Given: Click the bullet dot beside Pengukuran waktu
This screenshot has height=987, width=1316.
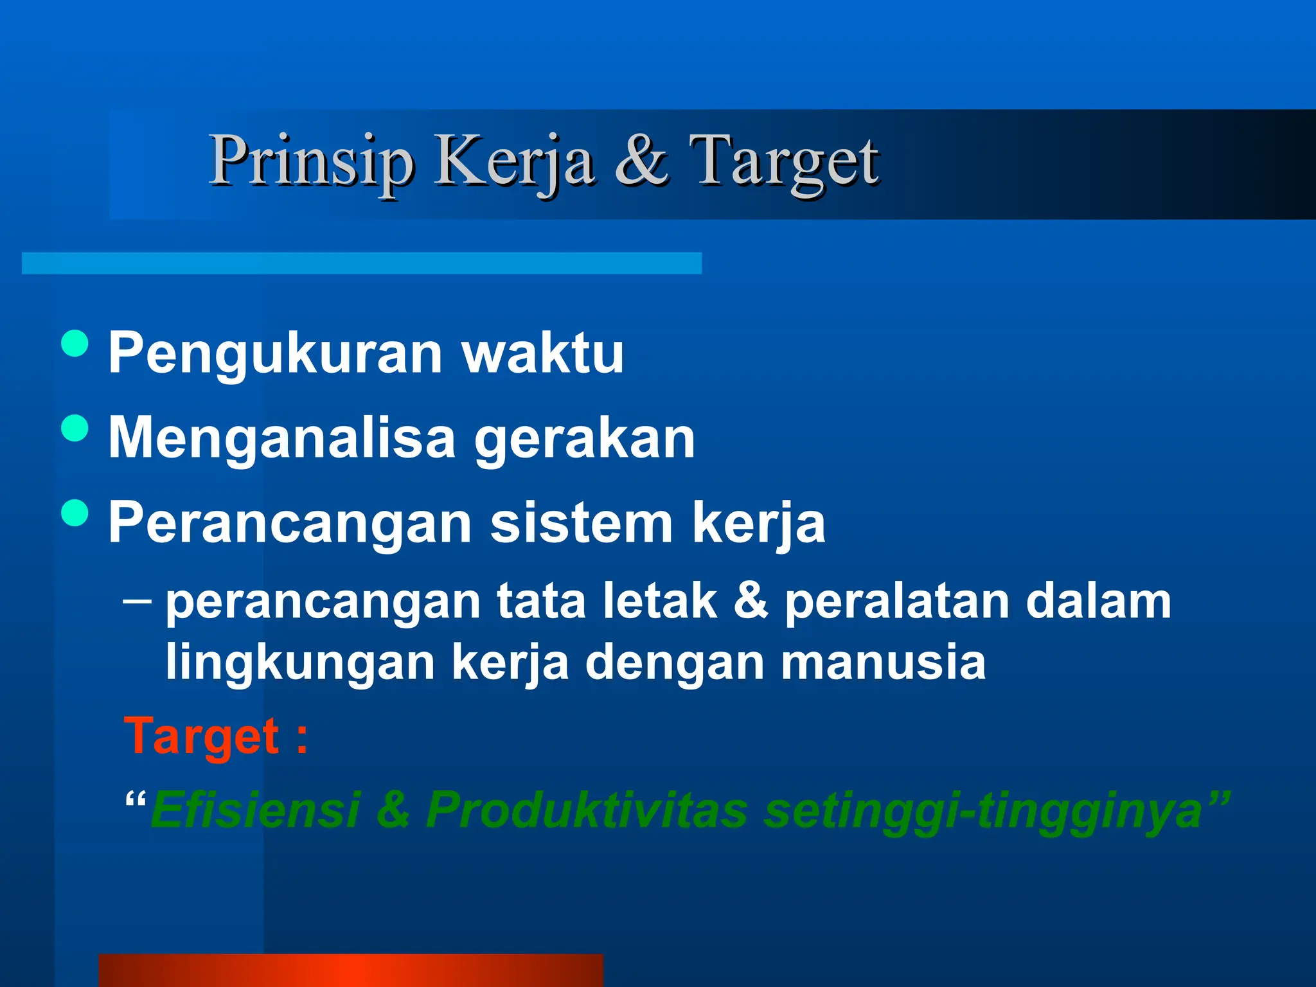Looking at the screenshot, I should pos(75,343).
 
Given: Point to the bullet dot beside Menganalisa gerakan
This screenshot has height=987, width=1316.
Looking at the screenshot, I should pos(75,429).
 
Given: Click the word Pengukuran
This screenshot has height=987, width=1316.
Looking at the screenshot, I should pos(276,353).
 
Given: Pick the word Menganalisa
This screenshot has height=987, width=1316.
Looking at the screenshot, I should pos(282,438).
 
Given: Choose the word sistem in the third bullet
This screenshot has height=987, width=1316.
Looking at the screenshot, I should pos(581,522).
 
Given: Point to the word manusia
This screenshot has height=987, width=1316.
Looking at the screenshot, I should pos(883,662).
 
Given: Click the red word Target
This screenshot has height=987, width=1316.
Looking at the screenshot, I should pos(202,736).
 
